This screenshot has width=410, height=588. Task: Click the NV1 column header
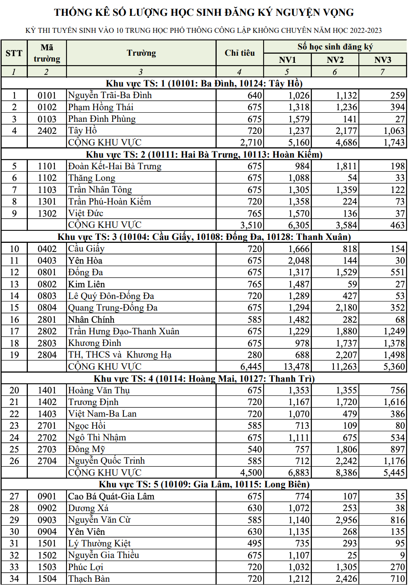pos(287,60)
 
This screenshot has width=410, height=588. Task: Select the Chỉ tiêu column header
pos(240,53)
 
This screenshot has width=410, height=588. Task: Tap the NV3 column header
pos(383,60)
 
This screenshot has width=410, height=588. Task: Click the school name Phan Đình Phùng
pos(102,119)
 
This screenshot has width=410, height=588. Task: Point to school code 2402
pos(47,131)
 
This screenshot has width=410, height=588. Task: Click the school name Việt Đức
pos(86,213)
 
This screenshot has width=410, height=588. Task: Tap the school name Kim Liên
pos(86,284)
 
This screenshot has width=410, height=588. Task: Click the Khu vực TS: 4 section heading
pos(204,379)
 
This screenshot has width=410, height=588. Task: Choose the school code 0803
pos(47,296)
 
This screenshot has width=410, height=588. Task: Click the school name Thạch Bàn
pos(89,579)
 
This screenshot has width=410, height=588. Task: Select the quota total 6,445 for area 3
pos(251,367)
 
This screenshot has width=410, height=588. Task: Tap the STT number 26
pos(14,461)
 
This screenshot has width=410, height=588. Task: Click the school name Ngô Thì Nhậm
pos(97,437)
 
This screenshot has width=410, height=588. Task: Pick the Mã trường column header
pos(47,53)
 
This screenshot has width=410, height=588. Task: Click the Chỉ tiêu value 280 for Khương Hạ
pos(254,355)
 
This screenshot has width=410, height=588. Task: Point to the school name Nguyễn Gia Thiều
pos(104,555)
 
